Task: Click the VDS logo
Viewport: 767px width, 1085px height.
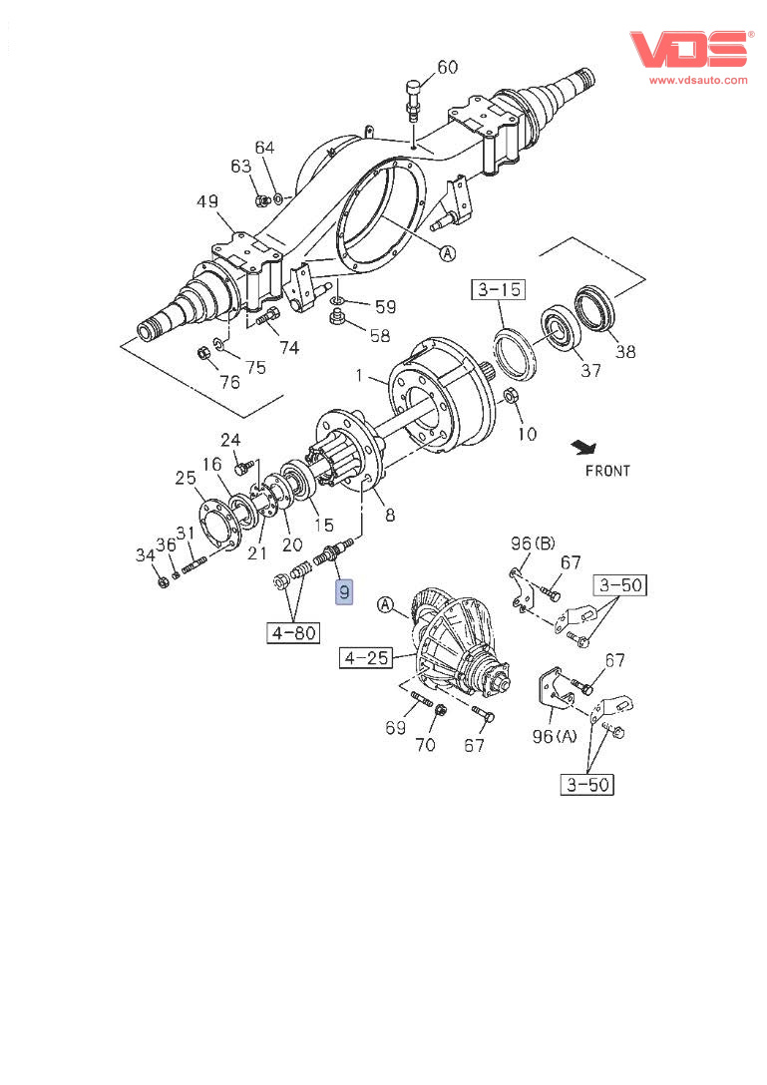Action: pyautogui.click(x=688, y=49)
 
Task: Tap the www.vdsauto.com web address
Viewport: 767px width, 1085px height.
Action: pyautogui.click(x=698, y=80)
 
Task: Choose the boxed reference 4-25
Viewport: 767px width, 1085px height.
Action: pyautogui.click(x=366, y=657)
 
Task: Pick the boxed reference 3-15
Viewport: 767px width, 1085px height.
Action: pyautogui.click(x=498, y=291)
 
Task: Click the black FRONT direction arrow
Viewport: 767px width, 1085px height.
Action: pyautogui.click(x=582, y=447)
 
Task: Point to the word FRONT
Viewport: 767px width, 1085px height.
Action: pyautogui.click(x=607, y=471)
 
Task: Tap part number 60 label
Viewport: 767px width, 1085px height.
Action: pyautogui.click(x=447, y=67)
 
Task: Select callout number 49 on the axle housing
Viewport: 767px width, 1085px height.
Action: pyautogui.click(x=206, y=202)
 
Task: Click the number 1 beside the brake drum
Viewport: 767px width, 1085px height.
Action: pyautogui.click(x=360, y=377)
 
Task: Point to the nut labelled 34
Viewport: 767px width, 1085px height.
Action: pyautogui.click(x=163, y=580)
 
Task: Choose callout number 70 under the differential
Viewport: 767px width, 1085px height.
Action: pyautogui.click(x=425, y=744)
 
